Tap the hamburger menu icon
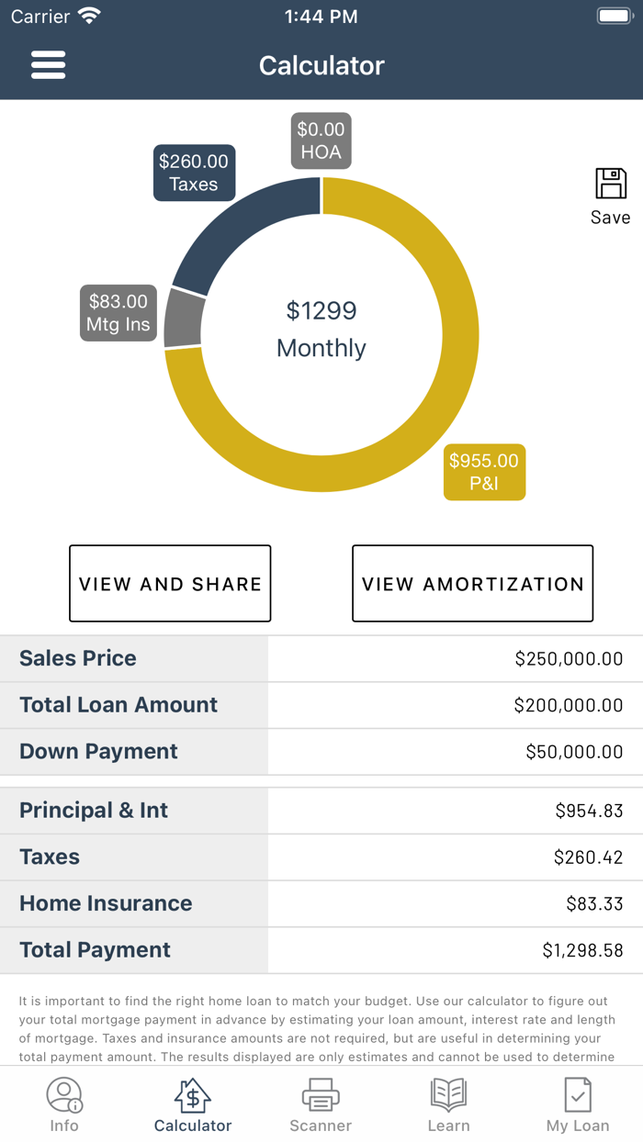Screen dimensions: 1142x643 click(48, 65)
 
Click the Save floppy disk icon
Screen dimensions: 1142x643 click(610, 185)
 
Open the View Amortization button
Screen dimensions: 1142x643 click(472, 584)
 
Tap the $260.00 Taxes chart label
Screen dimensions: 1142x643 click(194, 173)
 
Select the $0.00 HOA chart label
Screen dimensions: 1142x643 click(321, 140)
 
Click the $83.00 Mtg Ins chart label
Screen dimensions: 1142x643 click(118, 313)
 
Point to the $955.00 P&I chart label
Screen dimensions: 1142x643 click(484, 472)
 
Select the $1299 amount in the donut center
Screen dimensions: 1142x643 click(321, 311)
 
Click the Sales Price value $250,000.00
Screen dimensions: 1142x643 click(569, 658)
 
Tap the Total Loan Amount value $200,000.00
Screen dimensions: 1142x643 click(569, 705)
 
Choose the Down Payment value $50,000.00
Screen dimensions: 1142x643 click(574, 752)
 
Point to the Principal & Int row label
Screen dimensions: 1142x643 click(94, 811)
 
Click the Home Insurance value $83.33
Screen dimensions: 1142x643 click(594, 904)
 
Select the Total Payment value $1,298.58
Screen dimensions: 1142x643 click(582, 951)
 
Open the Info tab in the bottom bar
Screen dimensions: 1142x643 click(64, 1104)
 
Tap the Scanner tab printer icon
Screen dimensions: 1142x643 click(321, 1095)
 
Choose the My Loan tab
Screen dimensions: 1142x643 click(578, 1104)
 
